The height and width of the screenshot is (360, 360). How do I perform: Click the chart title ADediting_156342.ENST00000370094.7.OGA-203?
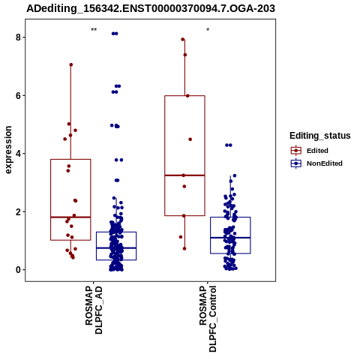(x=151, y=8)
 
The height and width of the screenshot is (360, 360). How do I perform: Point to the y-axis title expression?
(x=8, y=150)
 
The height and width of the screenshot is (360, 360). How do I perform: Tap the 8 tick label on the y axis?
(x=18, y=37)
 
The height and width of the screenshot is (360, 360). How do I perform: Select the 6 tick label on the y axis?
(x=18, y=95)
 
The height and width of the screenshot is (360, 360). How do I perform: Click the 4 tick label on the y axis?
(x=18, y=154)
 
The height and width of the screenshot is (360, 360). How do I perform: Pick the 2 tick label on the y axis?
(x=18, y=211)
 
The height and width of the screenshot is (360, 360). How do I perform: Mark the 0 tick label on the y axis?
(x=18, y=270)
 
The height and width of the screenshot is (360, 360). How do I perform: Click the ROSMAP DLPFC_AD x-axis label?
(x=94, y=310)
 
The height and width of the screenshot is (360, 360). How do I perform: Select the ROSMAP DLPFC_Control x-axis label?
(x=208, y=319)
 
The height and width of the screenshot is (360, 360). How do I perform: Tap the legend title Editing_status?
(x=320, y=136)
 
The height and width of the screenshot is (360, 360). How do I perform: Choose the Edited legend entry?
(x=317, y=151)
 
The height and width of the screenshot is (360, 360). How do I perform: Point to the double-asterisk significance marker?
(x=94, y=30)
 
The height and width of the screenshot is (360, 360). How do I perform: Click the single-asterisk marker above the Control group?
(x=208, y=30)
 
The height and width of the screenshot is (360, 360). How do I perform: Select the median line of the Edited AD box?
(x=70, y=217)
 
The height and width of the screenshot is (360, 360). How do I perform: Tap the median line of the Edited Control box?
(x=184, y=175)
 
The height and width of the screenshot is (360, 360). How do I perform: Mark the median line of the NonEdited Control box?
(x=230, y=238)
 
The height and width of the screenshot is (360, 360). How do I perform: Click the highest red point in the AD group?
(x=71, y=64)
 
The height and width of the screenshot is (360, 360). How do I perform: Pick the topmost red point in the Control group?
(x=183, y=39)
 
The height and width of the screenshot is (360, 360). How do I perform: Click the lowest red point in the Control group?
(x=184, y=248)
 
